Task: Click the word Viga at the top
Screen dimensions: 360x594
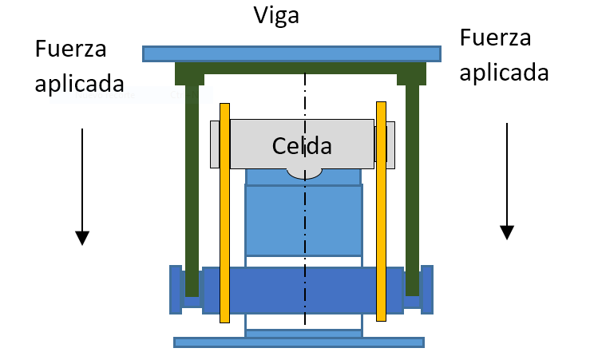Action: tap(275, 15)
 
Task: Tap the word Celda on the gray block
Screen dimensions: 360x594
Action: tap(301, 145)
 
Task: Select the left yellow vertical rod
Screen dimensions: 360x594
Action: tap(224, 212)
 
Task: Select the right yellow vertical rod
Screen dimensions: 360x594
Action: tap(382, 212)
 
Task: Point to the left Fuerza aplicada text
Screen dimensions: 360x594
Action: tap(80, 65)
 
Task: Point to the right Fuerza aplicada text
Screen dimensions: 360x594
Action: tap(505, 54)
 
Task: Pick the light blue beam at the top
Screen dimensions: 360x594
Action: tap(291, 53)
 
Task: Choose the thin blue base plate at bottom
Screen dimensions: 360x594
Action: tap(299, 342)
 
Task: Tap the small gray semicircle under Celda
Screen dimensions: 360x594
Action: tap(303, 172)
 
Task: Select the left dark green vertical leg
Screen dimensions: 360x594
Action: tap(191, 184)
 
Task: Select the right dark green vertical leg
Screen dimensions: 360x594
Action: tap(412, 184)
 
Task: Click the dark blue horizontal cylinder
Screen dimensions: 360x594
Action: tap(303, 290)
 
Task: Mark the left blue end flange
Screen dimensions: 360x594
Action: tap(176, 289)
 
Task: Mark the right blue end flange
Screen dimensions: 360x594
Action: tap(427, 289)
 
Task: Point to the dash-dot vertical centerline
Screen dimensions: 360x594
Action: tap(304, 239)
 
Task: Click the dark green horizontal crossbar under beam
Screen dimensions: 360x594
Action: tap(300, 69)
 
